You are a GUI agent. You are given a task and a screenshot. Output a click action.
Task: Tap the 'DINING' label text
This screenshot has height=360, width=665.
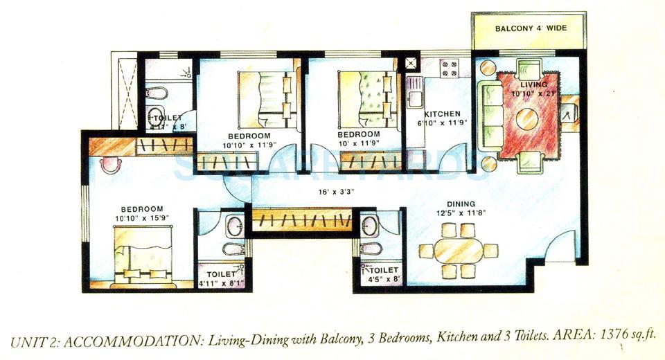461,204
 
